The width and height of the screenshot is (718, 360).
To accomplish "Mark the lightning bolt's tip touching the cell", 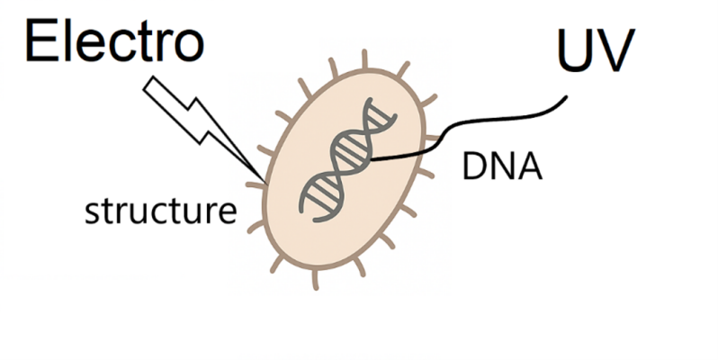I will pos(264,176).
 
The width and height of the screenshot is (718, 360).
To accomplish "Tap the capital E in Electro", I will pos(40,42).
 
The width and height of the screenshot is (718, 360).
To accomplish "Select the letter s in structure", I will pos(90,213).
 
